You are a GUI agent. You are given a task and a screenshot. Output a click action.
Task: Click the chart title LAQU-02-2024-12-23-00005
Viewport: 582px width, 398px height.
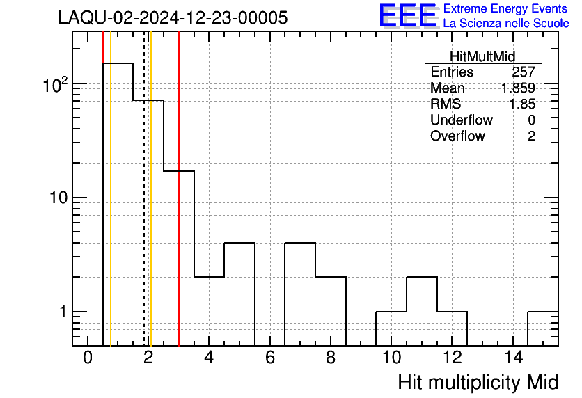[x=173, y=17]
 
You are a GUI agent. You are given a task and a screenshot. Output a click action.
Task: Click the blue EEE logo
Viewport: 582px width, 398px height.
[x=408, y=15]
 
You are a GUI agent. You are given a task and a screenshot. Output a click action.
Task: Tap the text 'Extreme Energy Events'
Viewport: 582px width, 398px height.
[x=505, y=8]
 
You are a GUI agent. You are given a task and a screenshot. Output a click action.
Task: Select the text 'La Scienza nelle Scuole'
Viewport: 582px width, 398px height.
[x=506, y=24]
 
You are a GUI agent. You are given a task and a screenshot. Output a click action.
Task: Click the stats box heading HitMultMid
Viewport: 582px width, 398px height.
[x=482, y=56]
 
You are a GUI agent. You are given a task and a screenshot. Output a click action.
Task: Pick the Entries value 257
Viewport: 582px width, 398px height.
[x=524, y=72]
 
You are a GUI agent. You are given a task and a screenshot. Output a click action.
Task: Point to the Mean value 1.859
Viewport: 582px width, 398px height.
[x=518, y=88]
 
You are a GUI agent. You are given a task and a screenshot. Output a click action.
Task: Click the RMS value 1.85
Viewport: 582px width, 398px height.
[x=522, y=104]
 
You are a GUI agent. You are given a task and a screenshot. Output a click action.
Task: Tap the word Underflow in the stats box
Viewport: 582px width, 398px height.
[x=462, y=120]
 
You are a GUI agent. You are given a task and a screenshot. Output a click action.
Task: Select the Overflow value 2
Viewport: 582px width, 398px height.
[x=531, y=136]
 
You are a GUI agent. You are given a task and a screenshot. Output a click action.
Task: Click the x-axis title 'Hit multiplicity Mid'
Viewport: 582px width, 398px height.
[x=478, y=383]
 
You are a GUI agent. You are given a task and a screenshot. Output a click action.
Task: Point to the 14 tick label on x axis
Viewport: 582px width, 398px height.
[x=513, y=358]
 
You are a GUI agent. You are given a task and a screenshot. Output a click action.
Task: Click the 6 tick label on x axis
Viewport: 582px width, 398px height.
[x=270, y=358]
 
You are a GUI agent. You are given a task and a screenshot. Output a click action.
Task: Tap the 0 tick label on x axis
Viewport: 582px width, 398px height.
[x=88, y=358]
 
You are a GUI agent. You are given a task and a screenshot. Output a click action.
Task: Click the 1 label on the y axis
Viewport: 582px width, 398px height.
[x=63, y=312]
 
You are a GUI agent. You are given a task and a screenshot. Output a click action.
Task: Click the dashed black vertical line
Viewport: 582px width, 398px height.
[x=144, y=189]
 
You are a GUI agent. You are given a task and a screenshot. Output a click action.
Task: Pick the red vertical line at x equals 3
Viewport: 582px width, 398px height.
[x=179, y=189]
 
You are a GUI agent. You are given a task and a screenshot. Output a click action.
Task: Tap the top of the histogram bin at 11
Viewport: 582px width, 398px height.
[x=422, y=277]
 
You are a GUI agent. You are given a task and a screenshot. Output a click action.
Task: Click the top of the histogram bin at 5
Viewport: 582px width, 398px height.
[x=239, y=243]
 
